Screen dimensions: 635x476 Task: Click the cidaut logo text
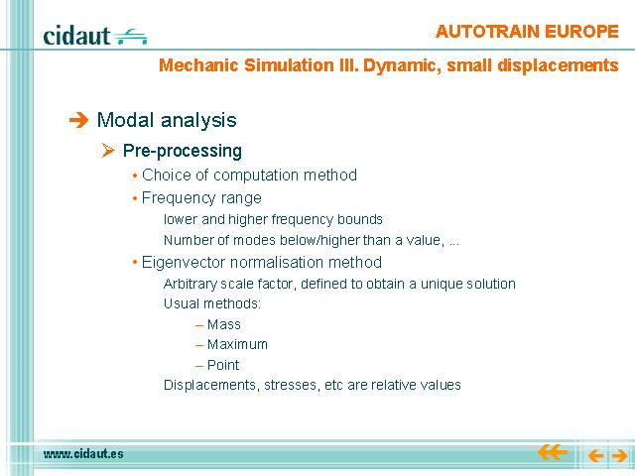tap(76, 36)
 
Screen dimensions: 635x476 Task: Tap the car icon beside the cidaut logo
tap(130, 37)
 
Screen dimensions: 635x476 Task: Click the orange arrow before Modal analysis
tap(78, 120)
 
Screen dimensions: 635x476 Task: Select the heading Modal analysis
tap(167, 120)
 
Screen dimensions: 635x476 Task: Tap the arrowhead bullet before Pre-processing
tap(108, 151)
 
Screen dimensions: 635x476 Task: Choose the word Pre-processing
tap(183, 151)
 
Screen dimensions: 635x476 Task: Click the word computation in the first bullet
tap(256, 176)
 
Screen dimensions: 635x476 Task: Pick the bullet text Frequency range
tap(201, 198)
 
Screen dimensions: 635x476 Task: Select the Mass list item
tap(224, 324)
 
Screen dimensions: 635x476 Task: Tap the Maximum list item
tap(237, 344)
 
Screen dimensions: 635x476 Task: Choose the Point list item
tap(223, 365)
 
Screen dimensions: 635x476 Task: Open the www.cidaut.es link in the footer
tap(83, 454)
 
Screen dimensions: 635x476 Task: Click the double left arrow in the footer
tap(553, 452)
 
